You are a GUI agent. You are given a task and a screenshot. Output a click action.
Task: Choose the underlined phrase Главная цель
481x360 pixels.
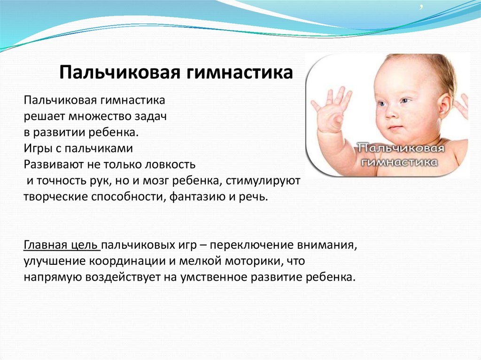pyautogui.click(x=61, y=245)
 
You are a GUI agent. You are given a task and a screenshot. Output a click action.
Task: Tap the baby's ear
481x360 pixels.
pyautogui.click(x=444, y=105)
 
